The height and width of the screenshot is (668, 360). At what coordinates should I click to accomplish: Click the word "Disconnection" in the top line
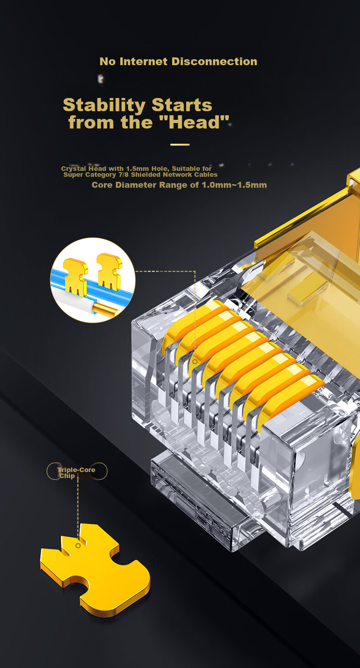coord(214,62)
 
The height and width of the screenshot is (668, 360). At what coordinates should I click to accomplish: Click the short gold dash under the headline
coord(180,144)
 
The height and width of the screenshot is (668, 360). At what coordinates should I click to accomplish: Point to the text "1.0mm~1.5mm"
coord(234,185)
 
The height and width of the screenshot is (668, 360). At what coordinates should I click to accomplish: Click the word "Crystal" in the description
coord(73,169)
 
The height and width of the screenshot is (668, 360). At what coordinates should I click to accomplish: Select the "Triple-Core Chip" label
coord(77,473)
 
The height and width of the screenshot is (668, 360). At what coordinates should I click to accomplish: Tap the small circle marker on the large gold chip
coord(78,545)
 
